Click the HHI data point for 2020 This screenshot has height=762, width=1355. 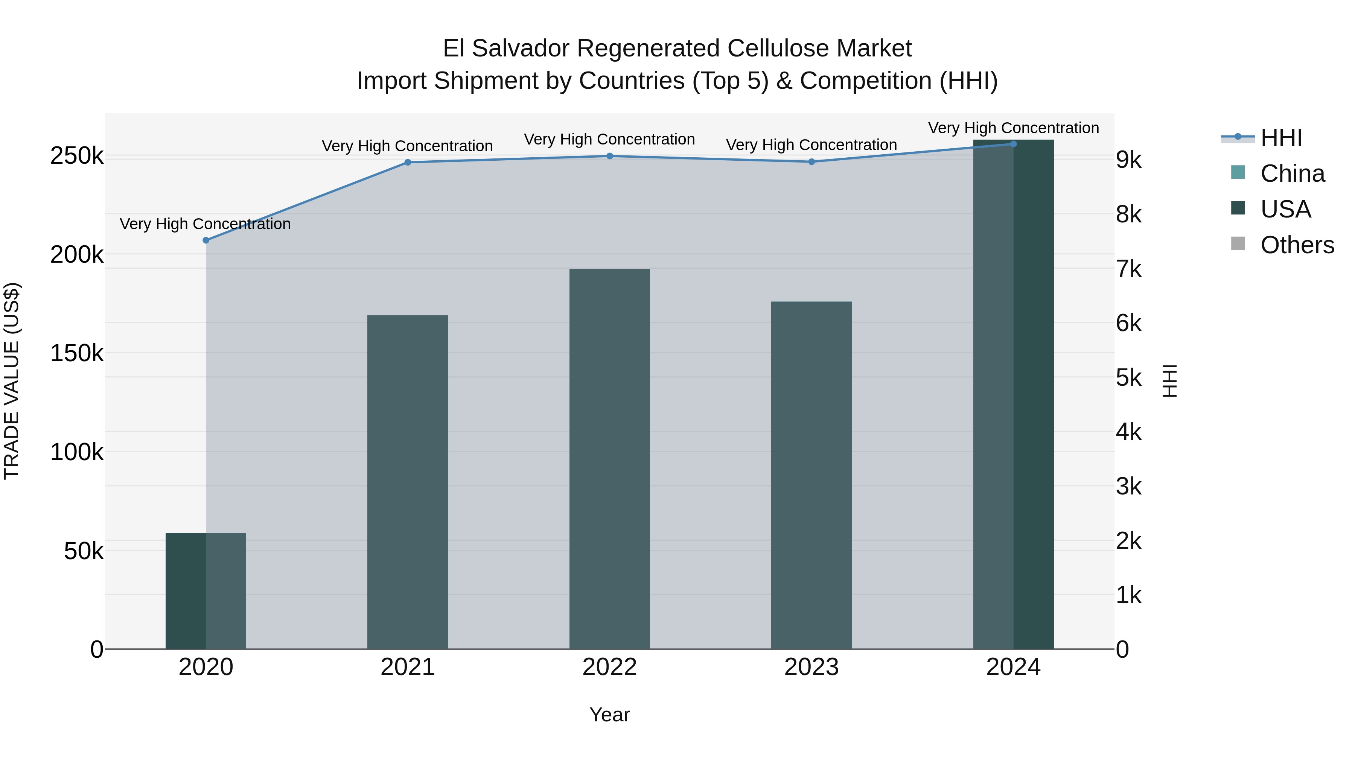point(206,240)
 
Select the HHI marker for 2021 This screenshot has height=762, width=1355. point(408,163)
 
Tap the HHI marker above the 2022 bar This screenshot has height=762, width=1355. point(610,156)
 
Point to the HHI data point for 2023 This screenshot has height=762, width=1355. point(811,162)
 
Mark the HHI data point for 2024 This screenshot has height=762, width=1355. point(1014,144)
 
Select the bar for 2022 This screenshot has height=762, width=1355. point(610,459)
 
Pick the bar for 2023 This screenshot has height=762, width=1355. point(811,475)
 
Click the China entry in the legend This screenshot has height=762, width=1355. point(1292,173)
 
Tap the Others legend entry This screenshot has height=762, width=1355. point(1297,245)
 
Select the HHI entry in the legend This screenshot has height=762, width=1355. point(1281,138)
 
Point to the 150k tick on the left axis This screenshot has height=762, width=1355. point(77,353)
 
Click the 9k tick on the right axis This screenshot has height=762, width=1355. point(1129,160)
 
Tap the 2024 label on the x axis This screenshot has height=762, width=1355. point(1014,667)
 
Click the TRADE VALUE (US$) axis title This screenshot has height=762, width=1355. point(12,381)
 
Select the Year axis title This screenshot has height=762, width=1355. point(610,715)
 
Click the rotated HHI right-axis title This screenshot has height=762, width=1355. point(1169,381)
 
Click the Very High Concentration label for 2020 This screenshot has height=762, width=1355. point(205,224)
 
